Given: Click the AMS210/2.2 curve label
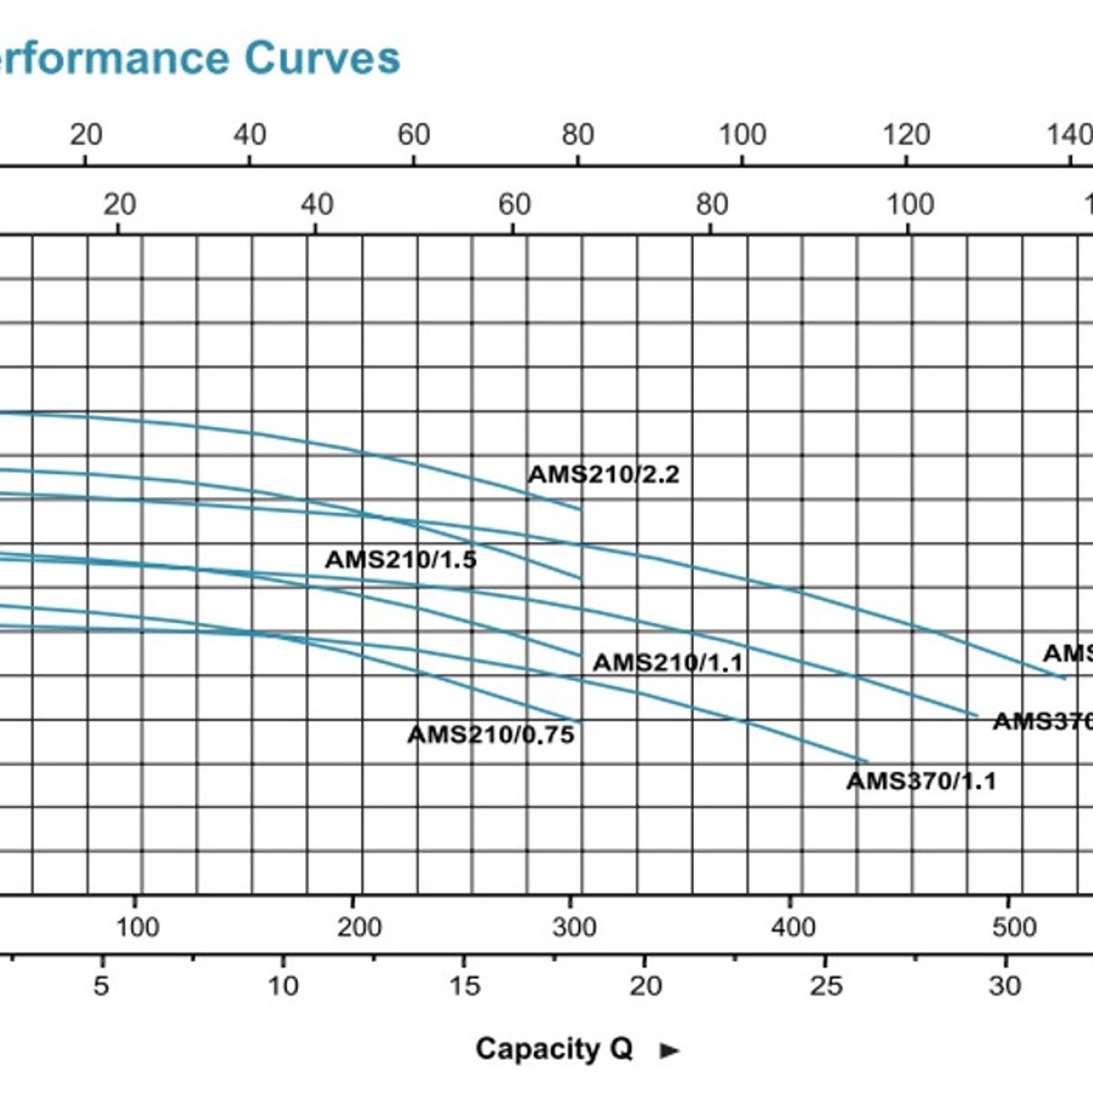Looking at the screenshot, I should pyautogui.click(x=603, y=475).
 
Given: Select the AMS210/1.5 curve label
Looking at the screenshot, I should pyautogui.click(x=401, y=559).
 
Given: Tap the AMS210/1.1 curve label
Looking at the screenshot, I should pyautogui.click(x=668, y=662).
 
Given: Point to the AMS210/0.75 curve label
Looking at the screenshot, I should pyautogui.click(x=491, y=734).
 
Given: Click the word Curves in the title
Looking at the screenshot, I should pyautogui.click(x=322, y=57).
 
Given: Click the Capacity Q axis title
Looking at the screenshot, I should pyautogui.click(x=554, y=1048).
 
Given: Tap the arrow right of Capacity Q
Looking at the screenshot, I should pyautogui.click(x=670, y=1050).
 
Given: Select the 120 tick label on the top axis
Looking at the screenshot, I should pyautogui.click(x=906, y=135).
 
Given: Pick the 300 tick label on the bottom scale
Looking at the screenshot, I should pyautogui.click(x=574, y=927).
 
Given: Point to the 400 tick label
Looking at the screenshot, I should pyautogui.click(x=792, y=927).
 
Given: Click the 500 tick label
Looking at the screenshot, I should pyautogui.click(x=1014, y=927).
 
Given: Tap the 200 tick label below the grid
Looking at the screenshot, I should pyautogui.click(x=359, y=927).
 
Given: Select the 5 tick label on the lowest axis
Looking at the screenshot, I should pyautogui.click(x=101, y=986).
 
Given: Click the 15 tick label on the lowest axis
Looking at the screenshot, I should pyautogui.click(x=464, y=986).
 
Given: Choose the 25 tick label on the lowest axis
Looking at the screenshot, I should pyautogui.click(x=825, y=986).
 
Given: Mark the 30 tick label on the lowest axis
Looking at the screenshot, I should pyautogui.click(x=1006, y=986).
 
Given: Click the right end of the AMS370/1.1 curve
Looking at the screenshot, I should pyautogui.click(x=868, y=761).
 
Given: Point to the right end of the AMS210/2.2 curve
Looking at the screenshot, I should pyautogui.click(x=581, y=510).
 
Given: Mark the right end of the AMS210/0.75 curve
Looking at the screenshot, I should pyautogui.click(x=581, y=723).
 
